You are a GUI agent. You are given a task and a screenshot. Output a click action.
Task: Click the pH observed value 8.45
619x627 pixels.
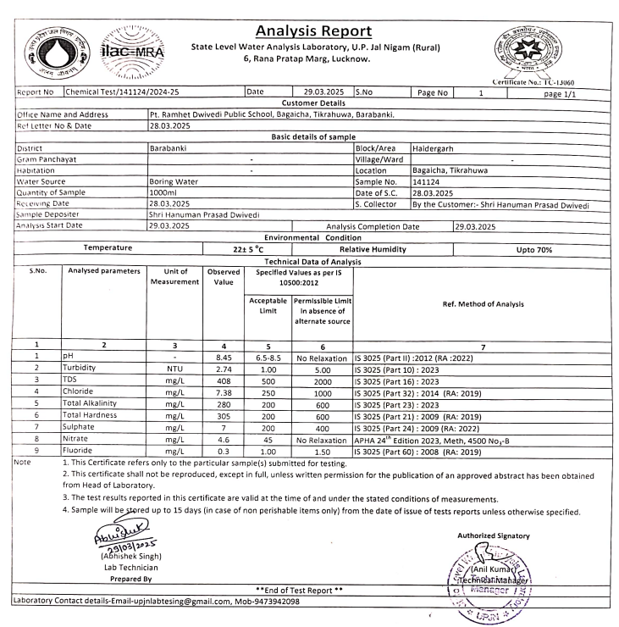click(218, 358)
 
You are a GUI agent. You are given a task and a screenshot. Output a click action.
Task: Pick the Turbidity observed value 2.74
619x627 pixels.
click(218, 369)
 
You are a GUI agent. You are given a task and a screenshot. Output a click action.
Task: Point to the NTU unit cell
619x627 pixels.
click(175, 369)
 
